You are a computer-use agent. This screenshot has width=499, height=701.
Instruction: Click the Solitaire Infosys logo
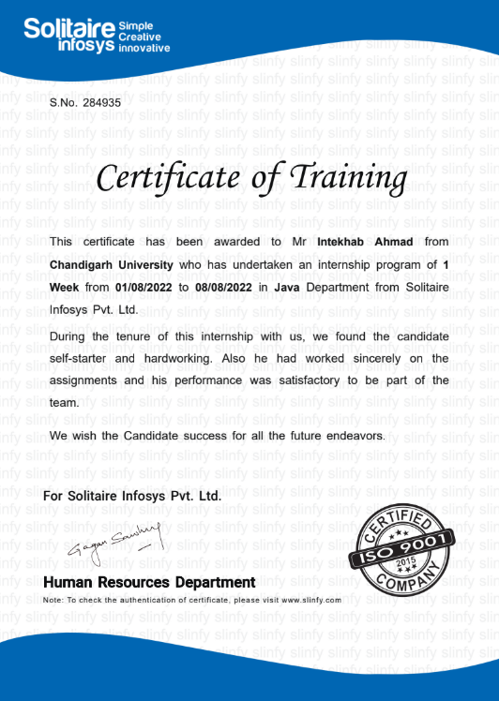pos(97,35)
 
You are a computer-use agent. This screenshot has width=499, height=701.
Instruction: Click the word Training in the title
pos(350,176)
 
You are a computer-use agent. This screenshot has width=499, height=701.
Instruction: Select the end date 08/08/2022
pos(229,287)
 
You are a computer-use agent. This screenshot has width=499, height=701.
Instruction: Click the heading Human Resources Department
pos(149,583)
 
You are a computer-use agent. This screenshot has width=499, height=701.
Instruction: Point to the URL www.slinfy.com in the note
pos(310,599)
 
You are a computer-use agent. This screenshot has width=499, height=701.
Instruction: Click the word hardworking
pos(187,358)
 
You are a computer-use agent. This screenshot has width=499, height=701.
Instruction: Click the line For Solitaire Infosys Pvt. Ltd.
pos(132,495)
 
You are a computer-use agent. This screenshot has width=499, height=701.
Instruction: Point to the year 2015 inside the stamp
pos(404,560)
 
